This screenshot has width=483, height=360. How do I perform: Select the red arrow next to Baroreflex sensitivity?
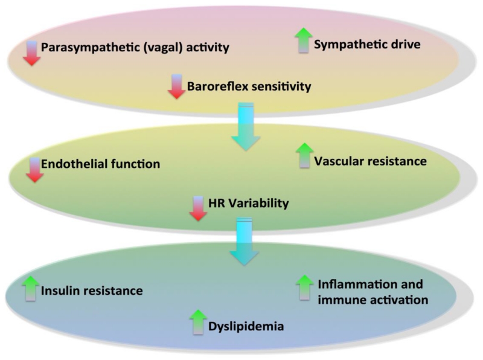coord(176,86)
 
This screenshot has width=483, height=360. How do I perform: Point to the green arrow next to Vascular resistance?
coord(305,156)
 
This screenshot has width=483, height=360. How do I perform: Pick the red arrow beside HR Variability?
coord(197,208)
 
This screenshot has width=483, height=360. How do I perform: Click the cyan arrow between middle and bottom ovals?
coord(244,242)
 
